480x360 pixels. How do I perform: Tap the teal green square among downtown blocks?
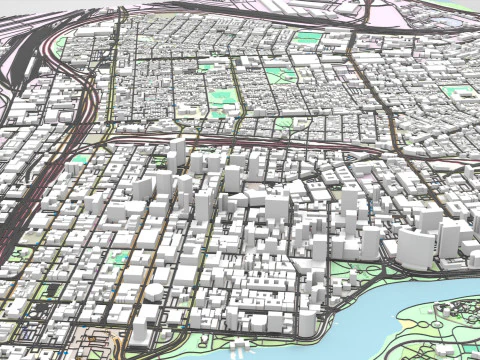coord(120,257)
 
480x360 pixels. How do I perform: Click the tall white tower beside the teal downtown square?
coord(140,240)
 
